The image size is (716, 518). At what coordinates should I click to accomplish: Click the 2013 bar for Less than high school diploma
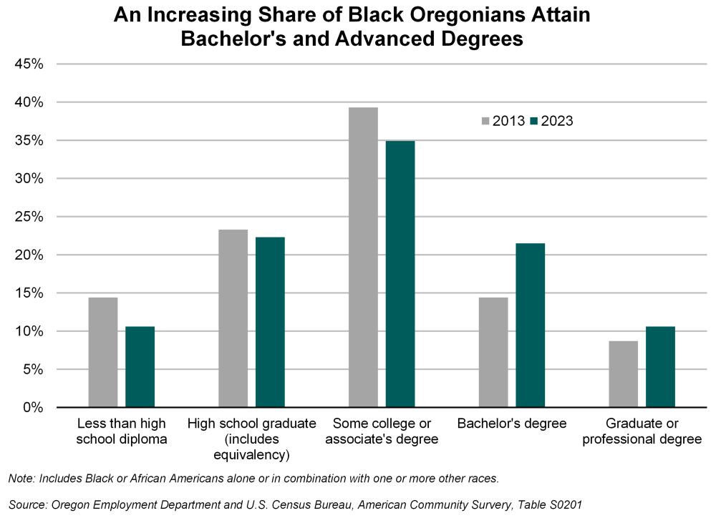tap(103, 352)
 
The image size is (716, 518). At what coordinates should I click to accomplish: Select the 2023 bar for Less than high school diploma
tap(140, 366)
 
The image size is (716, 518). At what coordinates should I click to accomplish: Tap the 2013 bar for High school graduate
tap(233, 318)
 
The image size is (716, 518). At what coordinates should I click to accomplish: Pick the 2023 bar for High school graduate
tap(271, 322)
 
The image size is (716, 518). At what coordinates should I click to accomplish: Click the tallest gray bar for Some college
tap(364, 258)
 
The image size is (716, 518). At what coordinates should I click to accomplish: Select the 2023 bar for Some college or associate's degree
tap(400, 274)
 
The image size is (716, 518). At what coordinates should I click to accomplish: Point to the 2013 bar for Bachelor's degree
tap(493, 352)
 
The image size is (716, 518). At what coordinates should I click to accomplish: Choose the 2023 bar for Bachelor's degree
tap(531, 326)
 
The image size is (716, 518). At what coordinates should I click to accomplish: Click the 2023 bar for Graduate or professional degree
tap(661, 366)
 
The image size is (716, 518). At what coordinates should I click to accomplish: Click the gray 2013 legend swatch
tap(485, 122)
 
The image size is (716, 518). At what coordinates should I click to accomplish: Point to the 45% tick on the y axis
tap(29, 64)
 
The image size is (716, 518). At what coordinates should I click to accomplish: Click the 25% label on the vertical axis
tap(29, 217)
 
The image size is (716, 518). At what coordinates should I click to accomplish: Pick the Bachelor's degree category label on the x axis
tap(512, 423)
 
